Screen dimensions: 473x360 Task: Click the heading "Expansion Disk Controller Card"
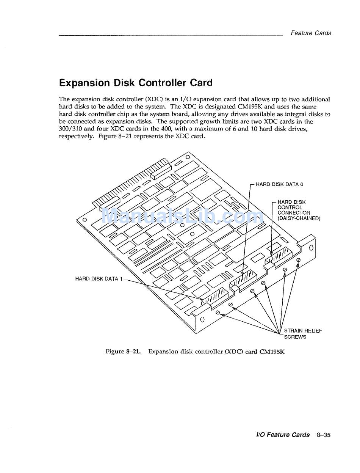[136, 83]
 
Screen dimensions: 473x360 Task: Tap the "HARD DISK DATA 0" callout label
[279, 184]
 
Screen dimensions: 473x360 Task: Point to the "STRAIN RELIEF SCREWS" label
[303, 334]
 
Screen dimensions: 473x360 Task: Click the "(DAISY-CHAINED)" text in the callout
[299, 218]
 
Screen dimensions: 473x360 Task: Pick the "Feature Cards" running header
[311, 33]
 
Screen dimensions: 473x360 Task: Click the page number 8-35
[323, 435]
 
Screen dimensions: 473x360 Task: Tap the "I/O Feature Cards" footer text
[283, 435]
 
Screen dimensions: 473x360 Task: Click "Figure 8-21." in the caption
[123, 352]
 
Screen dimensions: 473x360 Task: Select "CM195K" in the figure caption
[272, 352]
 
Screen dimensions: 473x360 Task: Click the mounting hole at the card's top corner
[187, 157]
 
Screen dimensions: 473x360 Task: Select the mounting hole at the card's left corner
[85, 220]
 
